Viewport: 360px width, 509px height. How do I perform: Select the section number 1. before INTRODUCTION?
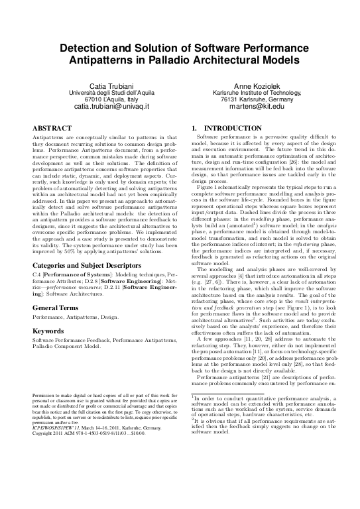tap(194, 127)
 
